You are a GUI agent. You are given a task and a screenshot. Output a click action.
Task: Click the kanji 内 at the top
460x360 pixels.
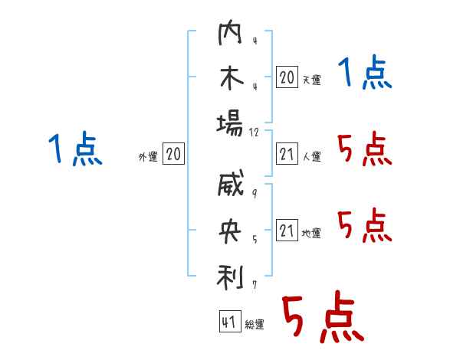[230, 32]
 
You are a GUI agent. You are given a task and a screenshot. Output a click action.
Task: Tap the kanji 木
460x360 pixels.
[232, 77]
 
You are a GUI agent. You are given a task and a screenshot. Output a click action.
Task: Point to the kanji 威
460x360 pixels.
[231, 183]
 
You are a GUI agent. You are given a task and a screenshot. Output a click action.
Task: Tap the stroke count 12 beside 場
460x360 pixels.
[254, 133]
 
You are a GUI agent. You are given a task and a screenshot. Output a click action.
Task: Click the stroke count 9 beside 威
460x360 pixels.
[255, 193]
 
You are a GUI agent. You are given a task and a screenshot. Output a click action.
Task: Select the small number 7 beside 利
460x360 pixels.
[255, 285]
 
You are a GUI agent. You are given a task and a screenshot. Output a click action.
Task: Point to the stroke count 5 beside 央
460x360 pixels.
[255, 239]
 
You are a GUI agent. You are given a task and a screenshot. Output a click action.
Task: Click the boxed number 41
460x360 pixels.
[230, 321]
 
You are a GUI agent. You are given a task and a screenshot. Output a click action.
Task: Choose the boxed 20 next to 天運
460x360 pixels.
[287, 77]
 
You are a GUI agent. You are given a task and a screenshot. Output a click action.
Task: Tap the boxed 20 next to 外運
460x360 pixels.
[173, 153]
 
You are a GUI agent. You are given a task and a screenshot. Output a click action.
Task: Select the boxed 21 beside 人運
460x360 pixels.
[287, 153]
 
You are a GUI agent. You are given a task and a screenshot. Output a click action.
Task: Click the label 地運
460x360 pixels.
[311, 234]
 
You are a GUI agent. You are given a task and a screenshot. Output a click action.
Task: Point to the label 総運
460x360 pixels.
[255, 324]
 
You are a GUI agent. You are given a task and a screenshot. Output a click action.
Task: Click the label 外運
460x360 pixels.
[148, 157]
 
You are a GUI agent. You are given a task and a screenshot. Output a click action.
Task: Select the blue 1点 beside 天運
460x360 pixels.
[365, 72]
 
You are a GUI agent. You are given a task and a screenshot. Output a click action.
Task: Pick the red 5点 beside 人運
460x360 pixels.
[365, 149]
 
